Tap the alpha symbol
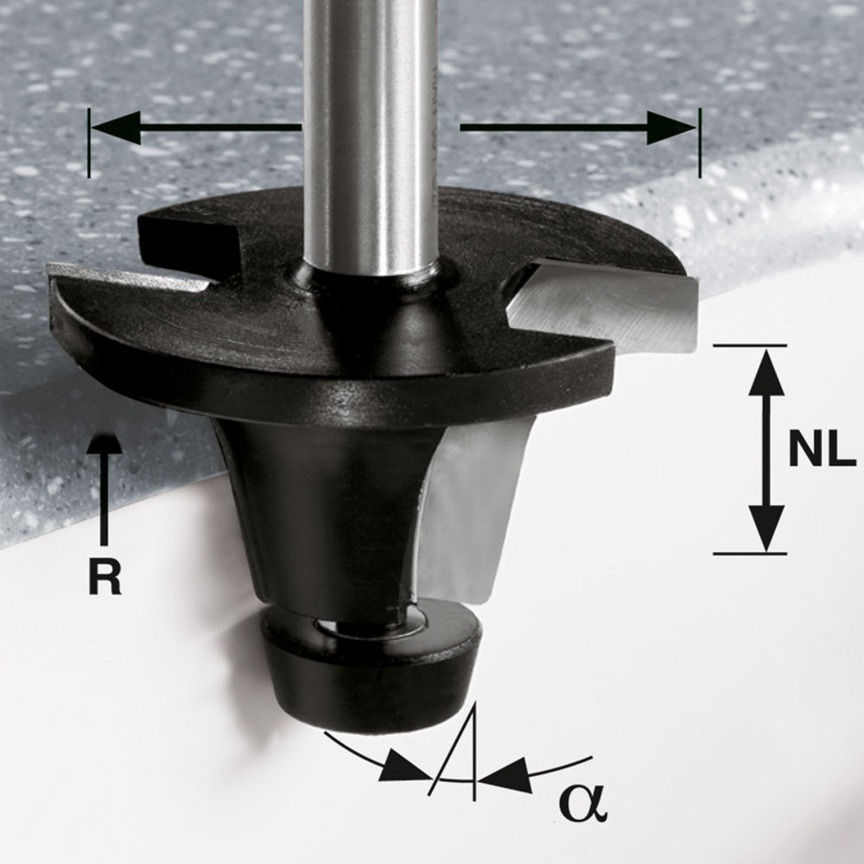tap(583, 803)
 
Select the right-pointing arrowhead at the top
tap(674, 129)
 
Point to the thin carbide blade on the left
tap(130, 276)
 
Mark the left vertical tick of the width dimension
tap(88, 143)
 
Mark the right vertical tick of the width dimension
tap(699, 143)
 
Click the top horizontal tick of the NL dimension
tap(750, 346)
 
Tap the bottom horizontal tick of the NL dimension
tap(750, 553)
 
